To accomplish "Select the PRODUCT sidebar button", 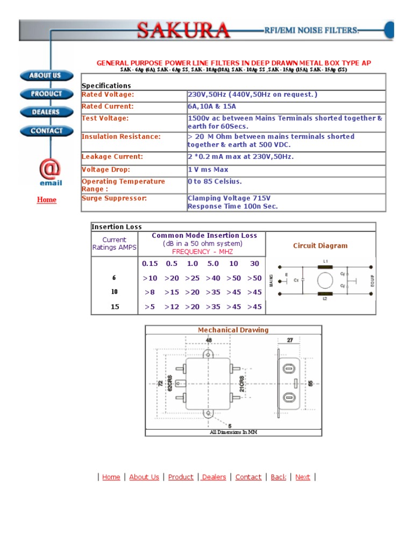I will pos(46,94).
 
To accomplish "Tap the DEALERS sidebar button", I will pos(46,112).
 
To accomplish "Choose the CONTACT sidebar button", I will pos(46,130).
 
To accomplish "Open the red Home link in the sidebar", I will pos(46,200).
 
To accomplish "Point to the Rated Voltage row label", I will pos(108,95).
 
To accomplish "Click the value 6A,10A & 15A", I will pos(212,107).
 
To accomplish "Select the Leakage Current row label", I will pos(112,157).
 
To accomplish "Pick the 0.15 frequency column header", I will pos(150,264).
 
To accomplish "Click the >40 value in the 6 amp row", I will pos(213,278).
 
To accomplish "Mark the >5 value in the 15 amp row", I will pos(150,307).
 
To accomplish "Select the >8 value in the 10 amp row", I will pos(150,292).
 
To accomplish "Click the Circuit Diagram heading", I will pos(321,246).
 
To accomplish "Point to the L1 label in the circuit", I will pos(325,261).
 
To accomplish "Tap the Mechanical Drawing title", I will pos(233,330).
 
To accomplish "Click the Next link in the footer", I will pos(303,477).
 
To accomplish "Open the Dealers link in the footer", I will pos(213,477).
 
